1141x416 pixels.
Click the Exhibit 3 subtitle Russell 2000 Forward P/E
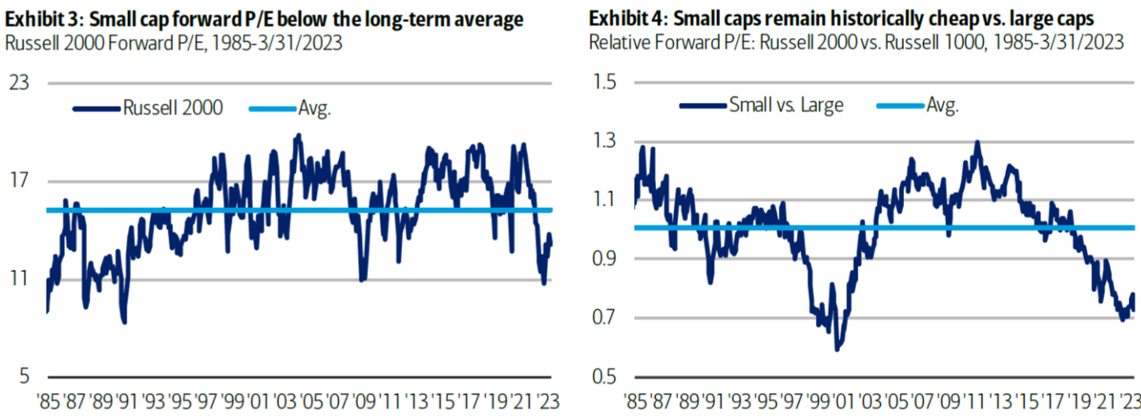[174, 42]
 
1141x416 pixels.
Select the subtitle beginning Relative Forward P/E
[856, 42]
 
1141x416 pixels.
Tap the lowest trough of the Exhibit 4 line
[838, 349]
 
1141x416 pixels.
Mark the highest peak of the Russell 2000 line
[297, 135]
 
